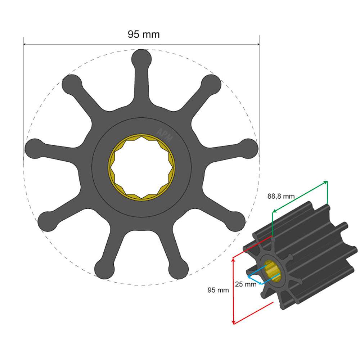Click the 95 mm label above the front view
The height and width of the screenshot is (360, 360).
[x=144, y=35]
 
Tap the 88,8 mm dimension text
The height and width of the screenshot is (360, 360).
[x=281, y=196]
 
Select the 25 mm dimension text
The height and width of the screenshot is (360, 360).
[x=246, y=284]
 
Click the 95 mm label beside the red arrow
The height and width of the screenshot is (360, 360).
[x=218, y=290]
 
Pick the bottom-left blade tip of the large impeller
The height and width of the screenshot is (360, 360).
[x=47, y=220]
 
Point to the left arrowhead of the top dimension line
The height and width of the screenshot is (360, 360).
[x=25, y=45]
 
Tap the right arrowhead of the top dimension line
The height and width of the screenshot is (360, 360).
[x=257, y=45]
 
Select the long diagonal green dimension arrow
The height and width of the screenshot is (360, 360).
[x=300, y=197]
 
